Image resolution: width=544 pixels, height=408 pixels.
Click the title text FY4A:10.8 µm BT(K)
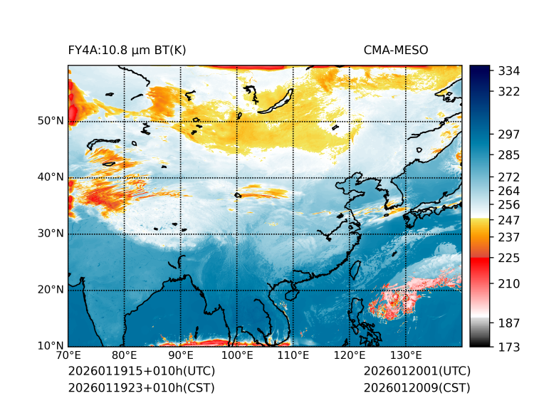[x=127, y=50]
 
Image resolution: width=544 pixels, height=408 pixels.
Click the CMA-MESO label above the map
[x=396, y=50]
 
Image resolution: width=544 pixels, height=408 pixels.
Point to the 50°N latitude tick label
[x=51, y=121]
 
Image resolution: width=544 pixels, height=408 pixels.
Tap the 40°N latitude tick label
[x=51, y=177]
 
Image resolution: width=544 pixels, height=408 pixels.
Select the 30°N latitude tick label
[x=51, y=234]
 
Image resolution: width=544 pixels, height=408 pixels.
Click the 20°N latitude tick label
[x=51, y=290]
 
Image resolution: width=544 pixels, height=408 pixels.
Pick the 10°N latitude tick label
[x=51, y=346]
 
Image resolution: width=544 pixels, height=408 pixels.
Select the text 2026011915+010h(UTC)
[x=141, y=372]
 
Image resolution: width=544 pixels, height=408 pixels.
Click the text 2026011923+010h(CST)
[x=141, y=387]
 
